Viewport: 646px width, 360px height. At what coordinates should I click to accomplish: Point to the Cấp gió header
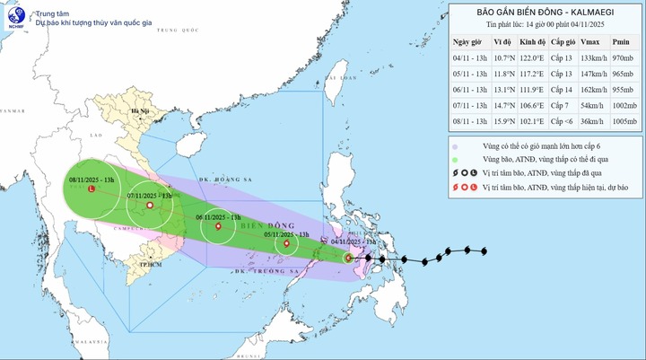click(x=562, y=41)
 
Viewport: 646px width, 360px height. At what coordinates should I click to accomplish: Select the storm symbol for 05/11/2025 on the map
click(x=286, y=243)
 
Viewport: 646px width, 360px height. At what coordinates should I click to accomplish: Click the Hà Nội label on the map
click(x=138, y=113)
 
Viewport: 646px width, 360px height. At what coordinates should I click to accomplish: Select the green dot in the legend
click(x=456, y=159)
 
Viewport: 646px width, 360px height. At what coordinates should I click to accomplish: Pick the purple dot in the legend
click(x=456, y=146)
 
